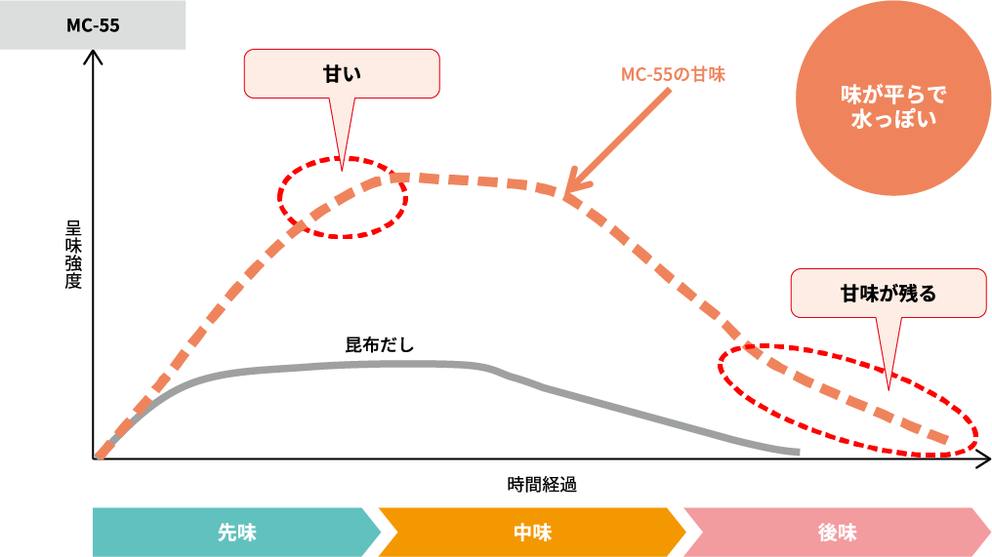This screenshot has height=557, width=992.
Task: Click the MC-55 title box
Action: coord(93,25)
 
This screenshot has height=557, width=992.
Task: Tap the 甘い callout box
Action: coord(341,73)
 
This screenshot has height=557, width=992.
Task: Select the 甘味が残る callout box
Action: coord(888,293)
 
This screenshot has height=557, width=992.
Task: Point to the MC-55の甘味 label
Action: coord(673,74)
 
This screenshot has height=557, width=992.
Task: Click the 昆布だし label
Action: coord(380,344)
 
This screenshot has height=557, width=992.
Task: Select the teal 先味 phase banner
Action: coord(235,533)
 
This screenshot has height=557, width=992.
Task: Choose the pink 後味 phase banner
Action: coord(837,533)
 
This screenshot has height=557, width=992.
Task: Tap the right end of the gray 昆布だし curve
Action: coord(797,452)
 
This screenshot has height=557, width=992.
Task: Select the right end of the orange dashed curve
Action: coord(945,440)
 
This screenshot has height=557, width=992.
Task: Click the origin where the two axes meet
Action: coord(95,458)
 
